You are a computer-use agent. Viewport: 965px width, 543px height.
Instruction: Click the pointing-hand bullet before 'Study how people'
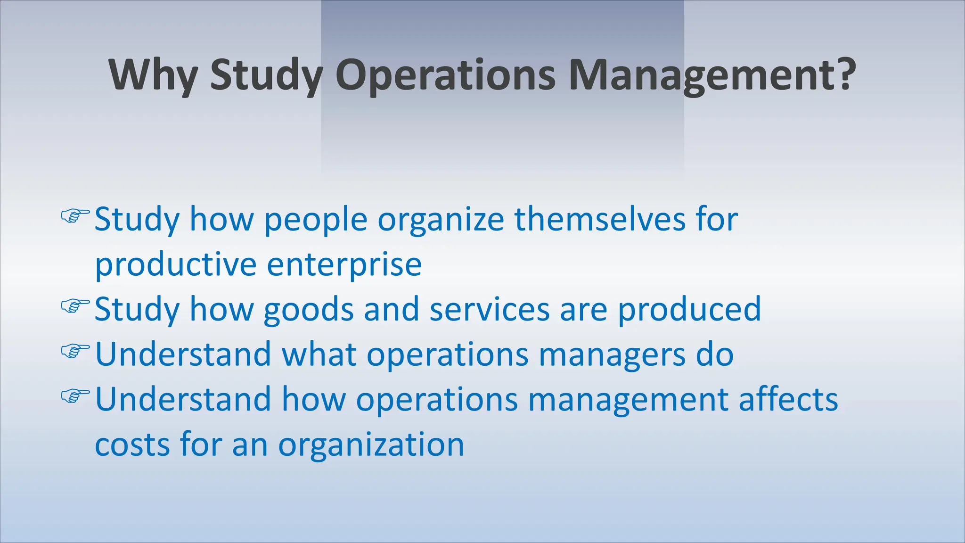(x=75, y=216)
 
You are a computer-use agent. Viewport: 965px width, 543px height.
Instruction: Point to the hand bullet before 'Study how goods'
(x=75, y=306)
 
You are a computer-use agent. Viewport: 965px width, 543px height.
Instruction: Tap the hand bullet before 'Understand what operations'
(x=75, y=351)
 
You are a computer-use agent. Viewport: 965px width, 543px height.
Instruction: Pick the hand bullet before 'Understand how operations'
(x=75, y=396)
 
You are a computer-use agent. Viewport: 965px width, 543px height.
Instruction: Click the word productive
(x=176, y=265)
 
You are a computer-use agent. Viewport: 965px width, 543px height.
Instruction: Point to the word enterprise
(x=344, y=265)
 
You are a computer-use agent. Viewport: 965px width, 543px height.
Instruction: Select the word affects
(x=788, y=399)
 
